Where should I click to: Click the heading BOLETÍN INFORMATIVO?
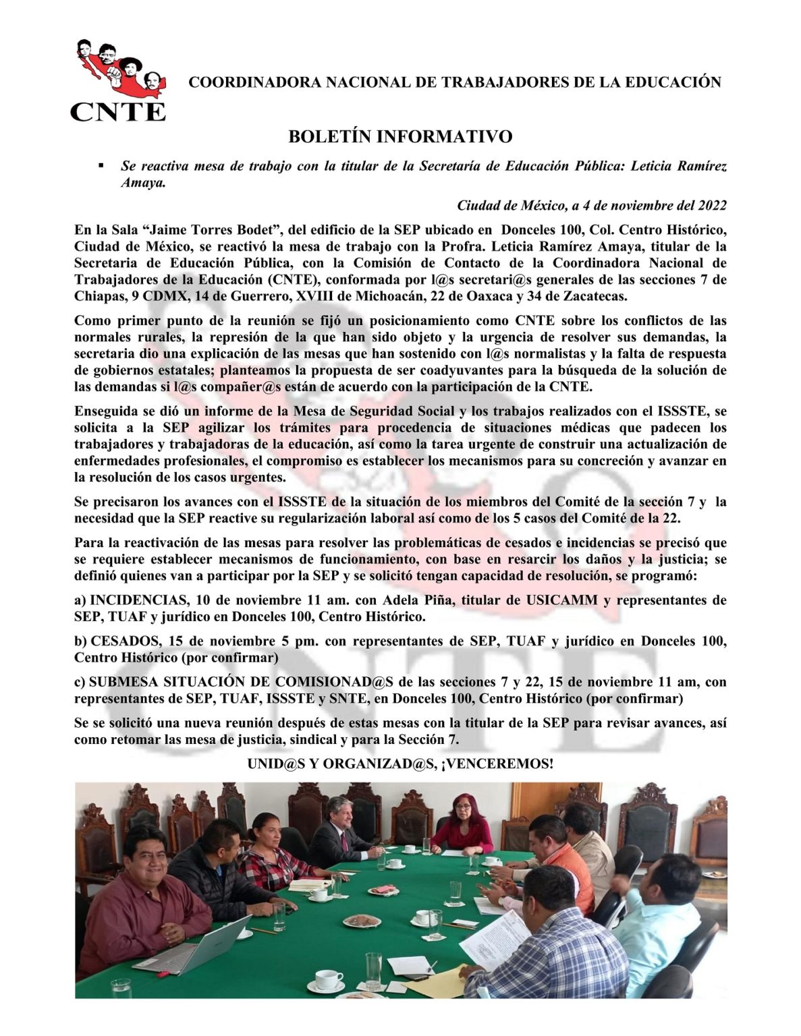point(400,137)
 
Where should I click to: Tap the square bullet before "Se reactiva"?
point(101,165)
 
